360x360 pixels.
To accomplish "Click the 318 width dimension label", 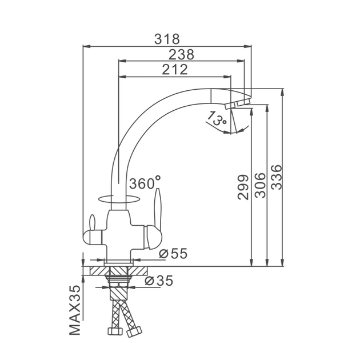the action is click(x=167, y=39).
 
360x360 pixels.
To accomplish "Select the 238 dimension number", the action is click(x=181, y=55).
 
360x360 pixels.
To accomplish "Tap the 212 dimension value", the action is click(x=175, y=70).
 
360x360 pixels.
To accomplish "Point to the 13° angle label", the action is click(x=217, y=118).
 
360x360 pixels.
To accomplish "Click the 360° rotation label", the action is click(x=145, y=183).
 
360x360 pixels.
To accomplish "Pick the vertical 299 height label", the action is click(x=243, y=187).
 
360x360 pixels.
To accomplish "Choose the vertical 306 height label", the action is click(x=261, y=186).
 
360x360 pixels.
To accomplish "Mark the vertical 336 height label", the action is click(x=276, y=177).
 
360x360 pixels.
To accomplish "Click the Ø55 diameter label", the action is click(x=173, y=254).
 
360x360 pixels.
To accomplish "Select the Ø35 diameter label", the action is click(x=159, y=281).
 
